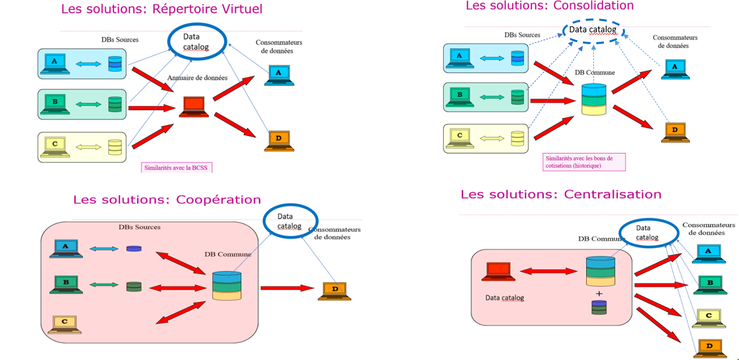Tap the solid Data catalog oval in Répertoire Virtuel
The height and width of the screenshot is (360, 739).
click(x=197, y=40)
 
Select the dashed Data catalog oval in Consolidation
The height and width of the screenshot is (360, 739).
click(x=593, y=30)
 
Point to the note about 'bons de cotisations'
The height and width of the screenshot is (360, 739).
click(x=583, y=162)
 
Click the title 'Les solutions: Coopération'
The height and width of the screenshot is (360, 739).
click(x=167, y=199)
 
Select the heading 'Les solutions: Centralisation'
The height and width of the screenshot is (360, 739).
click(x=560, y=194)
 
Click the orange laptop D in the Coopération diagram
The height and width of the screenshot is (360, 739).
click(x=334, y=290)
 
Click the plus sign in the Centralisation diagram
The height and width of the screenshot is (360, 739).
click(x=599, y=293)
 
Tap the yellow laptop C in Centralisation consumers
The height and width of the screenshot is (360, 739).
click(x=709, y=317)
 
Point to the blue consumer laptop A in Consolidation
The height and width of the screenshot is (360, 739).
click(x=673, y=68)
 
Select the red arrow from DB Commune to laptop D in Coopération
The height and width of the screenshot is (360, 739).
click(x=287, y=287)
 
